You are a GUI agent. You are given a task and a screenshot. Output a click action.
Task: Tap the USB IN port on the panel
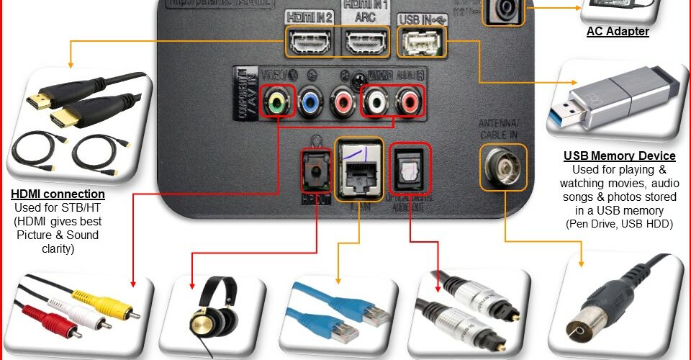point(421,45)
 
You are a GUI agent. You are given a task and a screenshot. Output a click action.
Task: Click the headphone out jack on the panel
point(315,171)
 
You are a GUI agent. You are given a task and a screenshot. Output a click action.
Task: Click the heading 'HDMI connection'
point(58,194)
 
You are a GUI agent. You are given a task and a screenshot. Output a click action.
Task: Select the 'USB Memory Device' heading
point(619,156)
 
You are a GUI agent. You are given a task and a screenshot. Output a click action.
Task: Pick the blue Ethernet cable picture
point(338,313)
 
